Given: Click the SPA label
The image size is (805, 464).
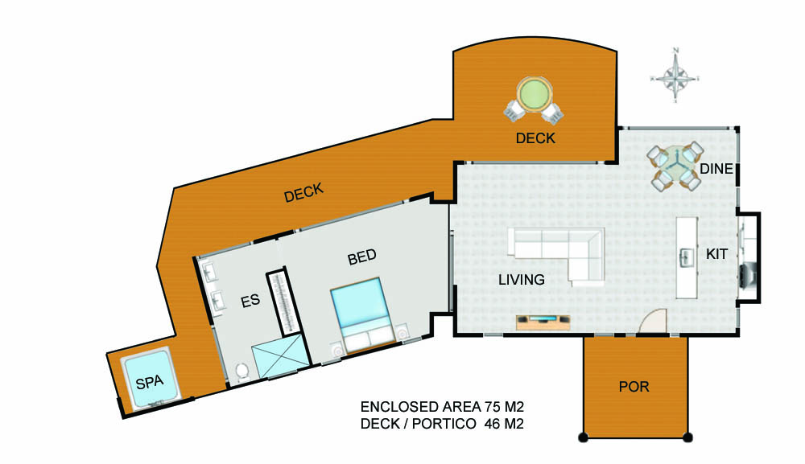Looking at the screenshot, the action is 150,382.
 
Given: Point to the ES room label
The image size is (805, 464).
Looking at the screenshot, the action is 250,301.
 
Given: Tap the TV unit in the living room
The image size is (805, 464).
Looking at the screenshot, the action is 543,322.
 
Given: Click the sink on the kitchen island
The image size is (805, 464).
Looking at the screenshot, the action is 687,258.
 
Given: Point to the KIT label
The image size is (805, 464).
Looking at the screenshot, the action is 716,254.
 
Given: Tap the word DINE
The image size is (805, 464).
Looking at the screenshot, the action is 716,169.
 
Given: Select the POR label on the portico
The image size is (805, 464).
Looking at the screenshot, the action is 634,387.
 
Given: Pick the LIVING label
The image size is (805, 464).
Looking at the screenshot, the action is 522,279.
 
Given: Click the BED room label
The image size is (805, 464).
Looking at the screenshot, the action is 362,257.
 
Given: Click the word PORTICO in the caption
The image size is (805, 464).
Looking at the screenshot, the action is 444,424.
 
